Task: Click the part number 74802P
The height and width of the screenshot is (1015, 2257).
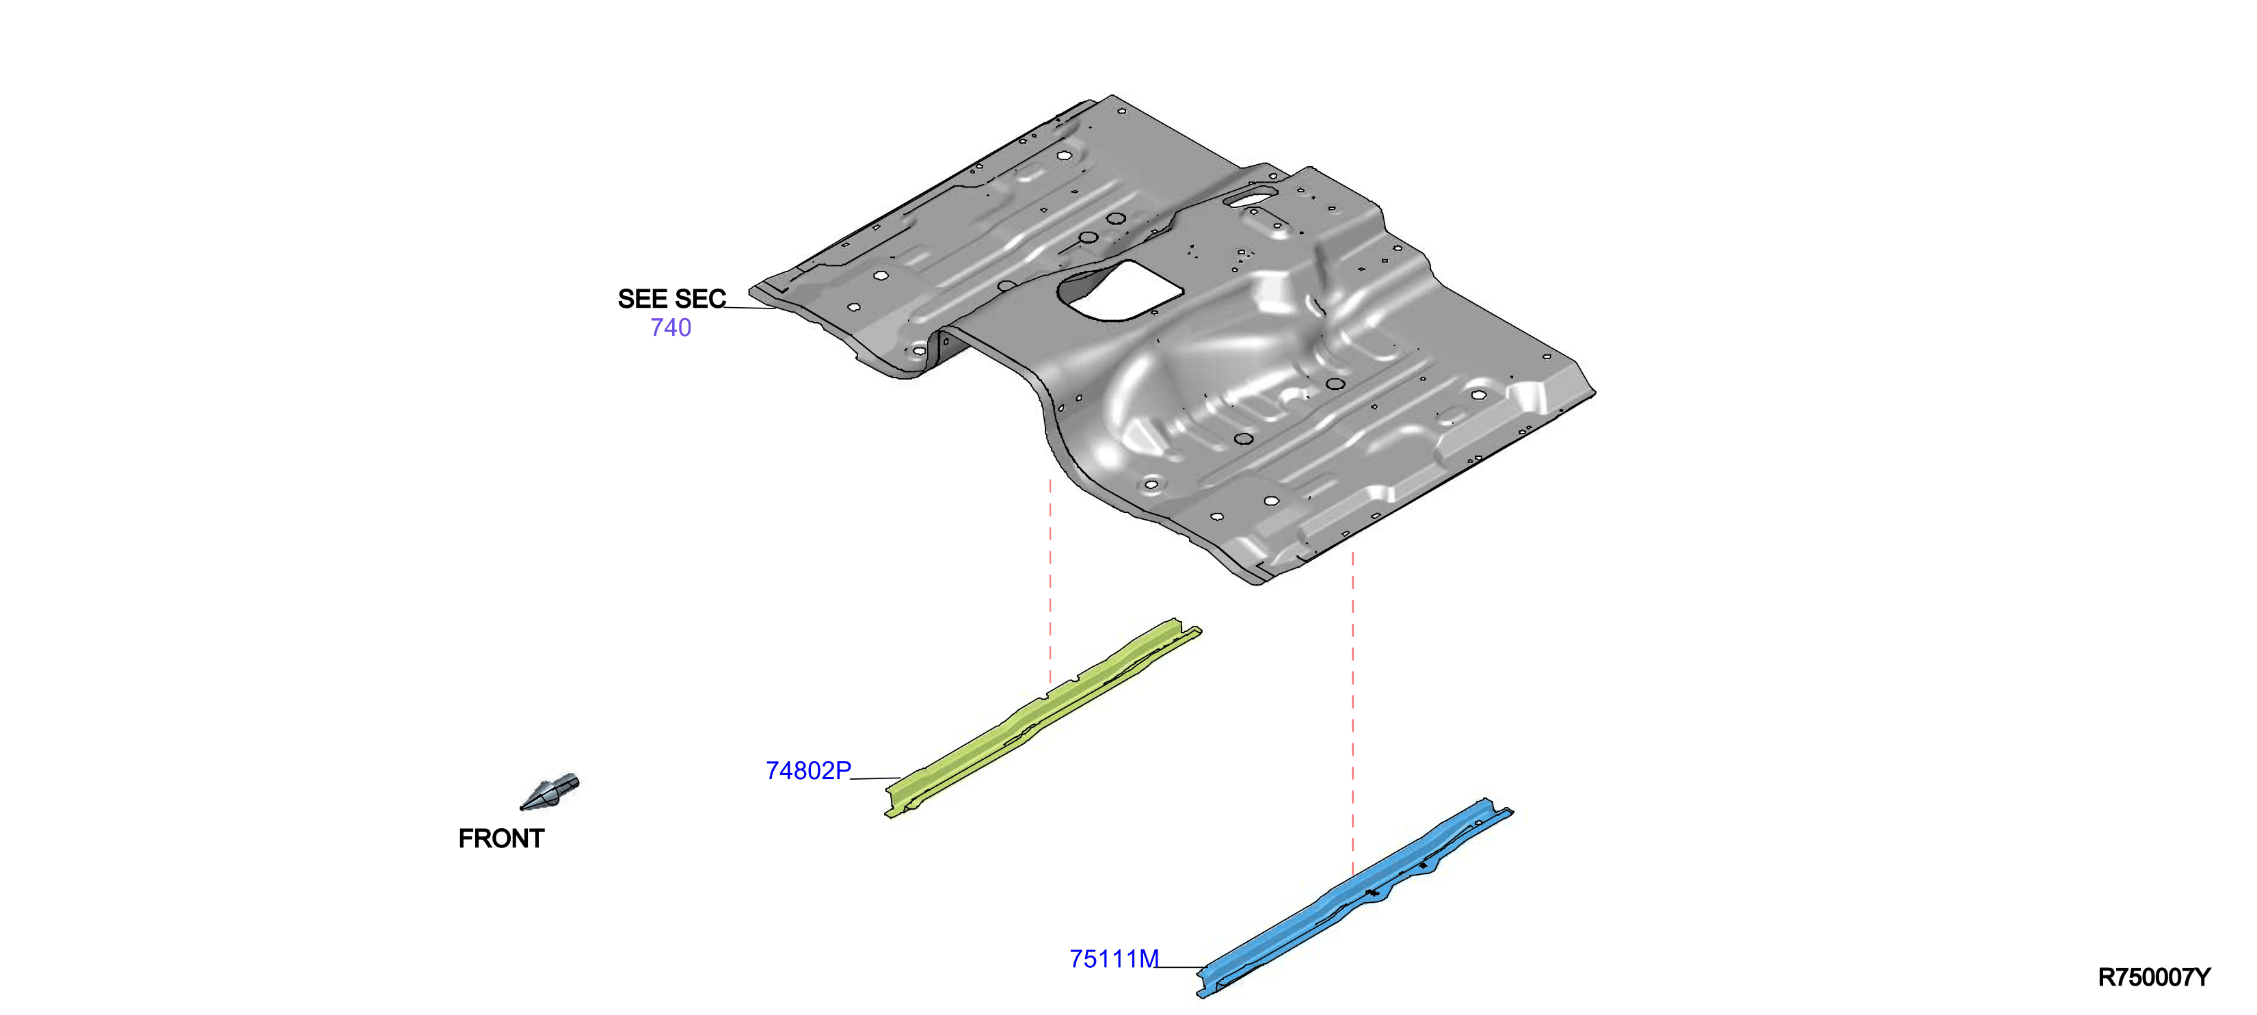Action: pos(807,770)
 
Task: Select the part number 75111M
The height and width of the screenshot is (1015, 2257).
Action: pos(1114,959)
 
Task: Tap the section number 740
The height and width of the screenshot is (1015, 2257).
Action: pos(670,328)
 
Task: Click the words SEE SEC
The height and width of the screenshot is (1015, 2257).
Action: pos(671,299)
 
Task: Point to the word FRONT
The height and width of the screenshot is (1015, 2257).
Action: pos(501,839)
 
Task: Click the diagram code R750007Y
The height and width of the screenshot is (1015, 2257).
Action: pos(2154,977)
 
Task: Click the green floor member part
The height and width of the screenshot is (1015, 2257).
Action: pos(1043,717)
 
